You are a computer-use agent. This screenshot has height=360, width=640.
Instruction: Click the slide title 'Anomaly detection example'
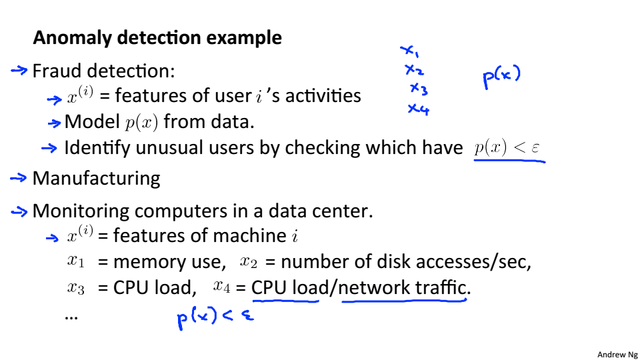157,38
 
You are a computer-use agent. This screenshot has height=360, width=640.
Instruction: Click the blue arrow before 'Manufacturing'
19,178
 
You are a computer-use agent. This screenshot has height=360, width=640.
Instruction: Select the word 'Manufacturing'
96,179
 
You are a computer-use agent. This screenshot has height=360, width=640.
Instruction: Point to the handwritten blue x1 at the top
409,51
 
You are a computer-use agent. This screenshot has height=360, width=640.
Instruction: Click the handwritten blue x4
418,109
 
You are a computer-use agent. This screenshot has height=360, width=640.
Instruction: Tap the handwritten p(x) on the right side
501,77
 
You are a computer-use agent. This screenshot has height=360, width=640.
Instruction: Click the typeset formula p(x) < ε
509,148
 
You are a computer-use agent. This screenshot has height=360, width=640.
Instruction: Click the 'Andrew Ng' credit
617,355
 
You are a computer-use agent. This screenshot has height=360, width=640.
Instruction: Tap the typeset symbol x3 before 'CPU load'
76,288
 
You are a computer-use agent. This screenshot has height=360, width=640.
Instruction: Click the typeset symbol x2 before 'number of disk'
248,262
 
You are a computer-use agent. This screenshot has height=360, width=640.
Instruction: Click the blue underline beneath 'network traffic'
403,301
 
